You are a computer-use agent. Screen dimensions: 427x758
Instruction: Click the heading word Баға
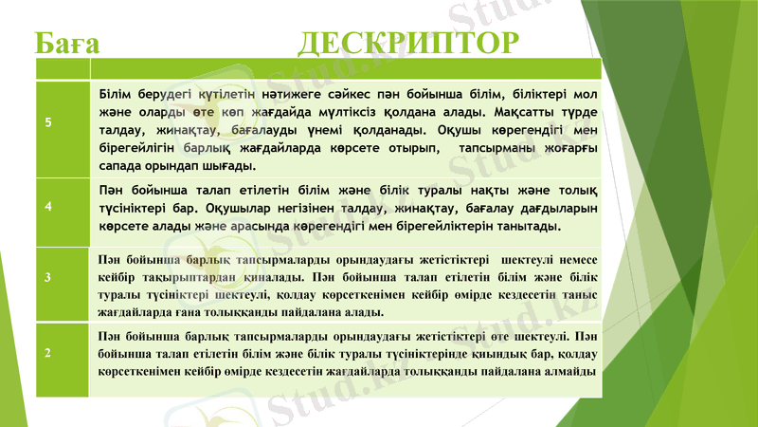click(67, 43)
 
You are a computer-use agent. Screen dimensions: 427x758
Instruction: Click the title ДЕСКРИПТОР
click(409, 43)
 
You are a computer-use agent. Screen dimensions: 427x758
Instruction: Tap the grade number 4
click(48, 205)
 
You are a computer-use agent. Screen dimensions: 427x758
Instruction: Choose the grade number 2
click(48, 352)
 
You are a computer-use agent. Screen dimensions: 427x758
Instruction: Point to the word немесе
click(575, 259)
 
